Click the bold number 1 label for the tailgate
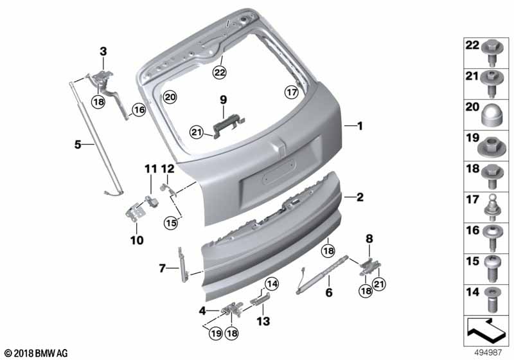[360, 126]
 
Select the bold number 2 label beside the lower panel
[360, 197]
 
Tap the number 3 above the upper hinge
[103, 51]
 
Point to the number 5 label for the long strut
[78, 144]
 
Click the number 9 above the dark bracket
[223, 100]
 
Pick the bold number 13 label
[263, 321]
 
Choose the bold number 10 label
[137, 240]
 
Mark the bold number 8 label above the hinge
[369, 239]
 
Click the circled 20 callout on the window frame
[170, 97]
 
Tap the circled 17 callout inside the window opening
[292, 92]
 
